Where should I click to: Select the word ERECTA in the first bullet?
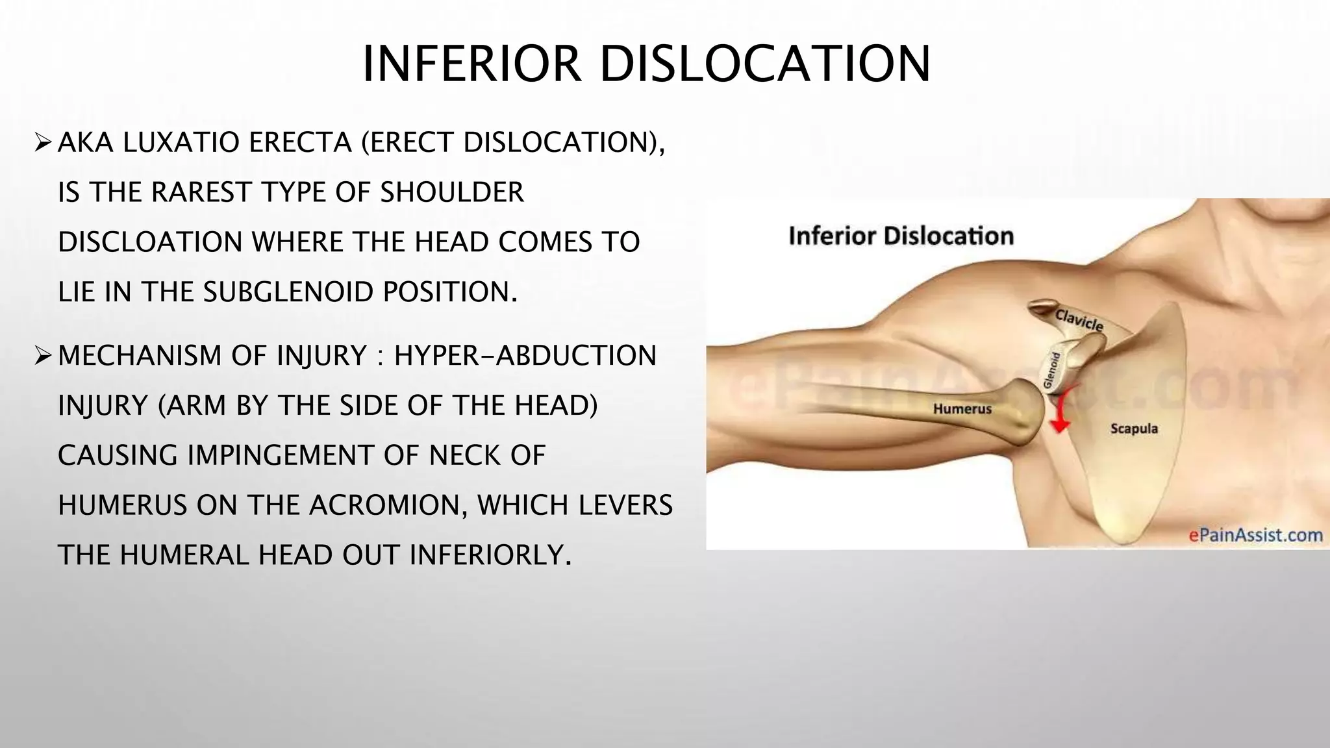pyautogui.click(x=300, y=142)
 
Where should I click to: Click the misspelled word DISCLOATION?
pyautogui.click(x=150, y=242)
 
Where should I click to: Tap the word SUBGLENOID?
pyautogui.click(x=288, y=292)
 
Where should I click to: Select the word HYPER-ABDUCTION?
pyautogui.click(x=525, y=356)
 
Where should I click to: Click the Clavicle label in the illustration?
pyautogui.click(x=1079, y=320)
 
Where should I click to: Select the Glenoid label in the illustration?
pyautogui.click(x=1051, y=370)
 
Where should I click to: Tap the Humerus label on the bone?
pyautogui.click(x=962, y=409)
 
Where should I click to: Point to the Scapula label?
pyautogui.click(x=1134, y=429)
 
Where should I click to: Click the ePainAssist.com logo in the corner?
pyautogui.click(x=1255, y=535)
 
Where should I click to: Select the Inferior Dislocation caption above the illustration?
pyautogui.click(x=901, y=236)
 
